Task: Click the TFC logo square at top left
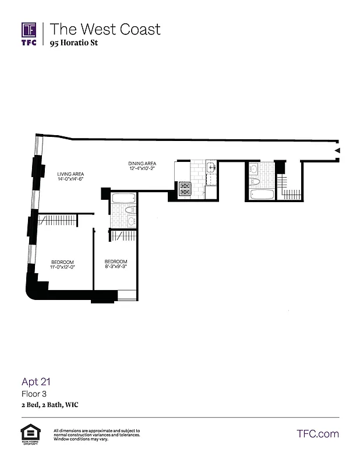pos(29,30)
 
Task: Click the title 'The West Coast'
pos(105,29)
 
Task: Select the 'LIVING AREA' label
pos(70,174)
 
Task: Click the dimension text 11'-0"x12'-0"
pos(62,267)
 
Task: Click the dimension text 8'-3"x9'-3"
pos(115,267)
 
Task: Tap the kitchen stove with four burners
pos(185,188)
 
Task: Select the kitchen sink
pos(211,168)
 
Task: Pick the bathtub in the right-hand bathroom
pos(261,193)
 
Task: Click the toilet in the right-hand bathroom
pos(255,182)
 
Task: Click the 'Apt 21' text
pos(37,382)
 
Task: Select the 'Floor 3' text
pos(34,394)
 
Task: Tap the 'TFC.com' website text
pos(317,434)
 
